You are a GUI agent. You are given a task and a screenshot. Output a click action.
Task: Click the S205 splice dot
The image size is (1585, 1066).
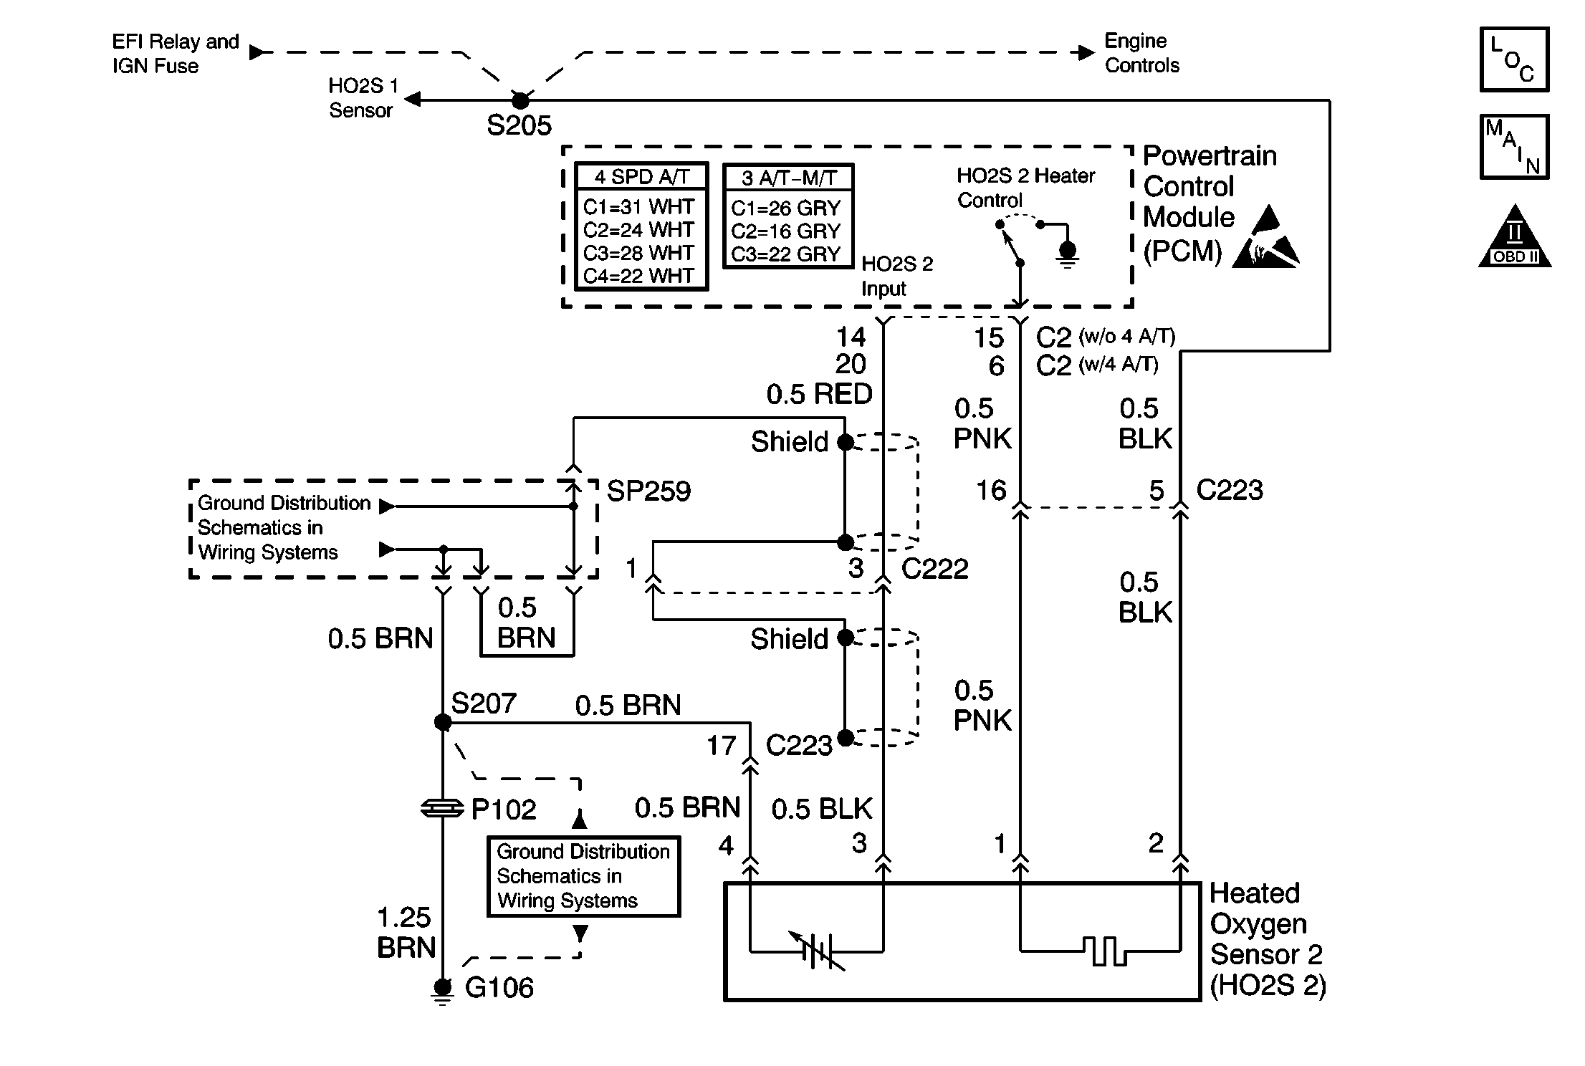point(520,100)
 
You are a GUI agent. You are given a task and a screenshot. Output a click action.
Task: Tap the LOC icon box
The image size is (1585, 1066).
point(1514,59)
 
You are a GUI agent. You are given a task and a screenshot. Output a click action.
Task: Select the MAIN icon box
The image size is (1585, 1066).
point(1514,147)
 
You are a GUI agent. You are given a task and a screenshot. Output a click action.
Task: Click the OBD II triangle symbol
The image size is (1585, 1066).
point(1514,239)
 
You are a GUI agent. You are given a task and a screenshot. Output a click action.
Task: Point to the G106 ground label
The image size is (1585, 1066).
point(499,988)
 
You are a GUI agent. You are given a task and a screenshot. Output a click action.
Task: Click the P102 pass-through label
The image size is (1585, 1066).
point(503,810)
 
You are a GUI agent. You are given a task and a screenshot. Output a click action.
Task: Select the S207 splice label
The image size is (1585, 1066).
point(484,704)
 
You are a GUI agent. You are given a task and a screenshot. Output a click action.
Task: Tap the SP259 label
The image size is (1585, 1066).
point(648,491)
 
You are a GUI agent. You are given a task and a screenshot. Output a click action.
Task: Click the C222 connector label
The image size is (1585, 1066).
point(934,569)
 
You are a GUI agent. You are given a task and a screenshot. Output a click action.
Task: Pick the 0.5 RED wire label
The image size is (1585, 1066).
point(819,394)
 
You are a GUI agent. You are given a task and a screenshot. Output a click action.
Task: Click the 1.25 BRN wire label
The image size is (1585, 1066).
point(406,933)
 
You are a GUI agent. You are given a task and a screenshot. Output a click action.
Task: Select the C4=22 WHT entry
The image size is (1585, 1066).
point(638,276)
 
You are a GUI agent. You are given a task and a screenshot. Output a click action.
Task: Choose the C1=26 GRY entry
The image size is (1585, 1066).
point(785,208)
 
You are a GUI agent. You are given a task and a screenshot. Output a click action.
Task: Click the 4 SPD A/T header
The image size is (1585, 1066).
point(641,177)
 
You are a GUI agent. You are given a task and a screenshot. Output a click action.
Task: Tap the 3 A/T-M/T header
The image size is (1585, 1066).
point(788,178)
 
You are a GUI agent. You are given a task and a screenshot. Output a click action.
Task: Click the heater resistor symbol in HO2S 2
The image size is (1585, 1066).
point(1104,951)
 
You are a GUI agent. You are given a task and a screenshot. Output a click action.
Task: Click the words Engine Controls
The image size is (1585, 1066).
point(1141,53)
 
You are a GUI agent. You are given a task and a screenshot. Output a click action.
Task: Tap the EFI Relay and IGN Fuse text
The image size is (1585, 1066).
point(176,54)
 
